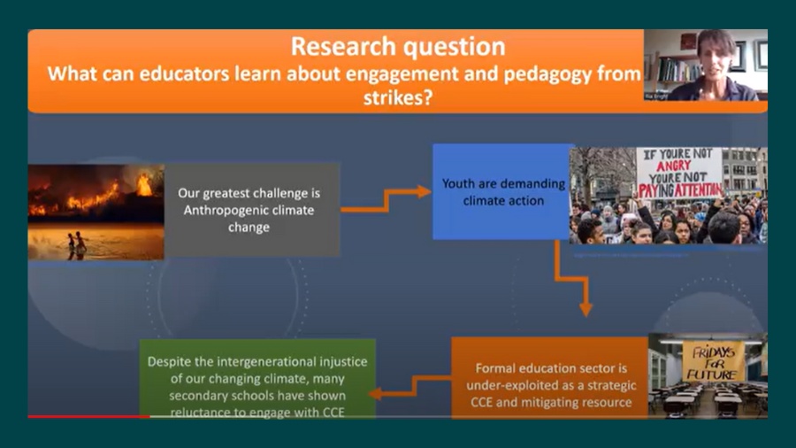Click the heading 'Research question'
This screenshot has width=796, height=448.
coord(398,46)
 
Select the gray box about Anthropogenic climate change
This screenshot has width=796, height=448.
coord(252,209)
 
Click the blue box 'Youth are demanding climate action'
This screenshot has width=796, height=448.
coord(501,192)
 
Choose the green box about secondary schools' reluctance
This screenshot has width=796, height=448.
coord(257,378)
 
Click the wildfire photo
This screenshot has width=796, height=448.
coord(96,212)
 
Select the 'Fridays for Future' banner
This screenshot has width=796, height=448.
coord(712,361)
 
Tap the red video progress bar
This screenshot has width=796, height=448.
coord(88,416)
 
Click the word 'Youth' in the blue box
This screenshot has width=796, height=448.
coord(460,185)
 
